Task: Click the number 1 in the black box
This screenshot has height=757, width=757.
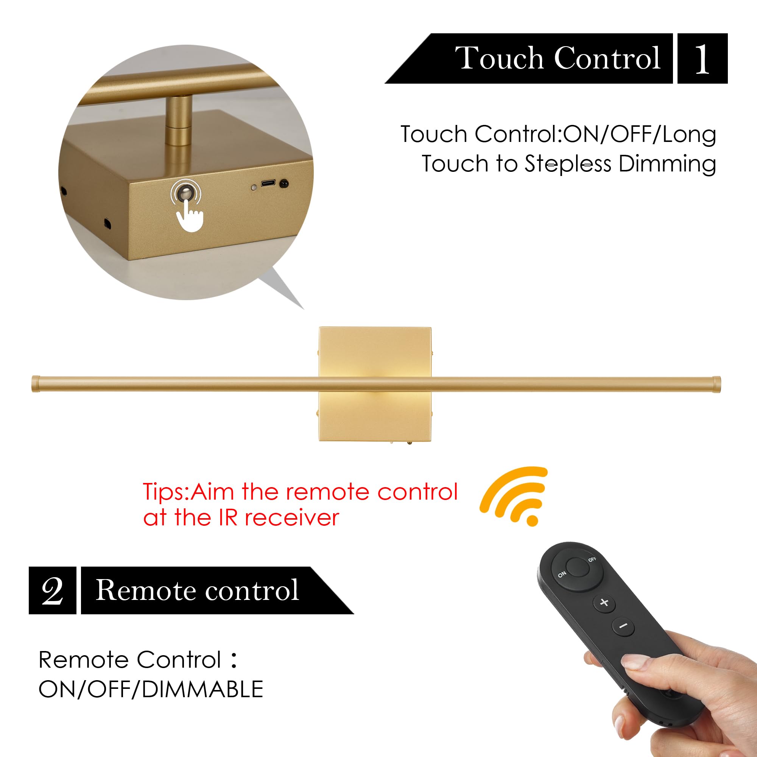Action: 702,59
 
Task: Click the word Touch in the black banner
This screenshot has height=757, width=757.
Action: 501,58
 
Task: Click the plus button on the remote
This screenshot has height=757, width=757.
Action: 604,602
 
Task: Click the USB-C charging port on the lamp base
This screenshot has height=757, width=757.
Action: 268,183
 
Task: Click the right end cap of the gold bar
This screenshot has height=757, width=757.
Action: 716,385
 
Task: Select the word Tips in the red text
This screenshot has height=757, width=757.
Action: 165,492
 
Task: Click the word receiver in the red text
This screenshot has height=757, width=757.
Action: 291,518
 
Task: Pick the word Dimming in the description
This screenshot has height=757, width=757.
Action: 667,164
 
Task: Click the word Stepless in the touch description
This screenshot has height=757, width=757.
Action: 567,164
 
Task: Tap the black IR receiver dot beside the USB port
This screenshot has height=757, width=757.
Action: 284,183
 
